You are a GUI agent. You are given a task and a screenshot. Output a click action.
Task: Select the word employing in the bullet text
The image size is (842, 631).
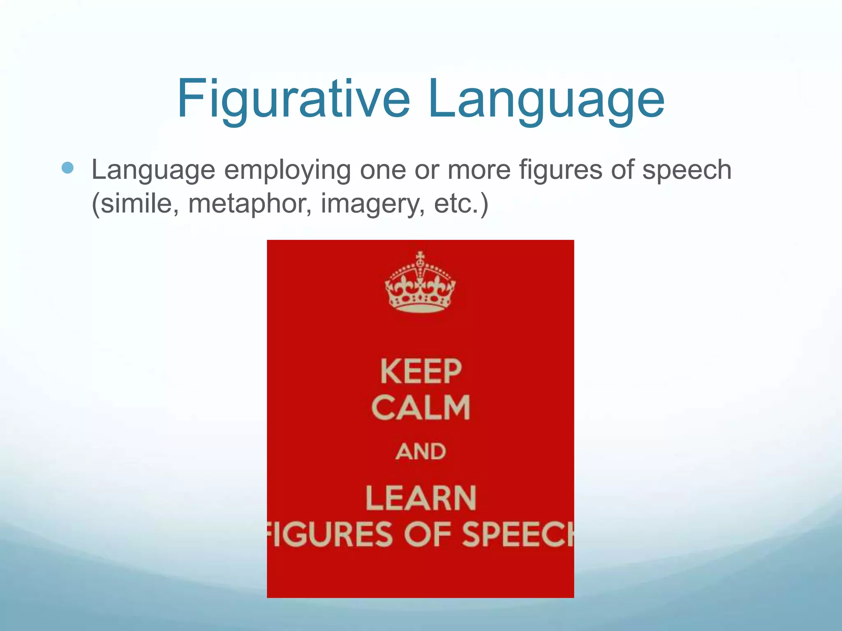(x=287, y=170)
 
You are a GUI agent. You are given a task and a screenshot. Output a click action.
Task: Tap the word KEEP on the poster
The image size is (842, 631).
(x=421, y=371)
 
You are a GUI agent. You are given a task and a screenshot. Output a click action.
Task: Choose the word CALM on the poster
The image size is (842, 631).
(x=421, y=408)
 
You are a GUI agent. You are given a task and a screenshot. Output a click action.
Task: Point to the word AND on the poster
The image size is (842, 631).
(x=421, y=451)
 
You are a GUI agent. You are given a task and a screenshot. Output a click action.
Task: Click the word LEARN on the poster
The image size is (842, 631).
(x=421, y=498)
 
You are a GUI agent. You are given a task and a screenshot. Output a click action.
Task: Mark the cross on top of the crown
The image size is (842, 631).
(x=420, y=258)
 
